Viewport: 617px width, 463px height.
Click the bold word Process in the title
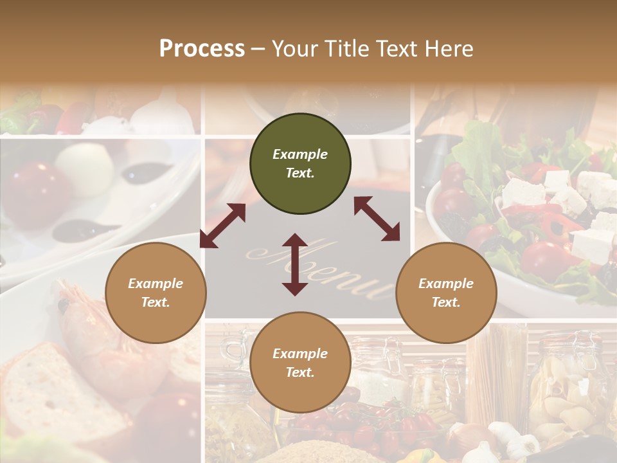pos(202,49)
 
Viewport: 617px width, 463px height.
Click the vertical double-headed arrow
pos(295,264)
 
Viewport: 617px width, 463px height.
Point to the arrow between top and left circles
pos(222,225)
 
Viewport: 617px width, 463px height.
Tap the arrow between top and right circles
pos(377,219)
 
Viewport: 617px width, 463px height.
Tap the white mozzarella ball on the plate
pos(84,168)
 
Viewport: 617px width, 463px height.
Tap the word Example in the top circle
pos(300,154)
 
